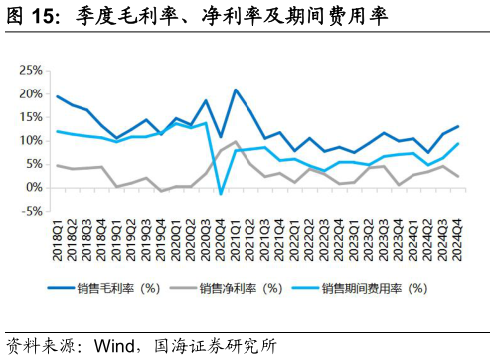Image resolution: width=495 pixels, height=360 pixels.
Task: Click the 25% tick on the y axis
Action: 29,71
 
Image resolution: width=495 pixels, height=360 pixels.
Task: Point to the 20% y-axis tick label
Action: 29,94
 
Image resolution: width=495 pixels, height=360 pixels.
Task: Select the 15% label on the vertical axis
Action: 29,117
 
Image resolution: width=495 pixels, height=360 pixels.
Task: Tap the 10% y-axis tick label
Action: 29,141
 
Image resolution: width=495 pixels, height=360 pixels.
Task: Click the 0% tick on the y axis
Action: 32,187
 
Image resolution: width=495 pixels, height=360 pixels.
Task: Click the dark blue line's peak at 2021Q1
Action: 236,90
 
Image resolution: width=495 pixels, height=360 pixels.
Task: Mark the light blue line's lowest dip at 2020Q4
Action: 221,194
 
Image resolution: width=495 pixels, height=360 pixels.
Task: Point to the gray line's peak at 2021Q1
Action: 236,142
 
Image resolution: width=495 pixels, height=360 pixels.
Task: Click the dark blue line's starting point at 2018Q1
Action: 58,97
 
